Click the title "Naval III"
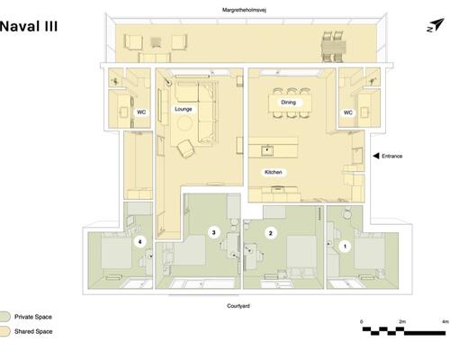pyautogui.click(x=29, y=26)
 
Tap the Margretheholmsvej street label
pyautogui.click(x=244, y=10)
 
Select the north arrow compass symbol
pyautogui.click(x=436, y=25)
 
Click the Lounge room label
pyautogui.click(x=184, y=109)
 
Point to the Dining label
pyautogui.click(x=288, y=103)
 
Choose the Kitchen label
pyautogui.click(x=274, y=172)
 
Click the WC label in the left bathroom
pyautogui.click(x=141, y=112)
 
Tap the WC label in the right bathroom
pyautogui.click(x=348, y=112)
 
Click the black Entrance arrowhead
pyautogui.click(x=375, y=156)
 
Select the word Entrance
pyautogui.click(x=391, y=156)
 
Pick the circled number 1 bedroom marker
pyautogui.click(x=345, y=247)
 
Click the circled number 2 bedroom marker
pyautogui.click(x=271, y=233)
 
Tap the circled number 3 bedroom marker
pyautogui.click(x=213, y=232)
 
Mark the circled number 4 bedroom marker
pyautogui.click(x=139, y=242)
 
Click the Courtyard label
pyautogui.click(x=238, y=306)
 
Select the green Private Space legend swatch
pyautogui.click(x=5, y=317)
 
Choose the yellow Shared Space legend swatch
pyautogui.click(x=5, y=331)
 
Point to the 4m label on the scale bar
pyautogui.click(x=445, y=321)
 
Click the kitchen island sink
pyautogui.click(x=266, y=150)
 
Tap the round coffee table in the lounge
pyautogui.click(x=184, y=123)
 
